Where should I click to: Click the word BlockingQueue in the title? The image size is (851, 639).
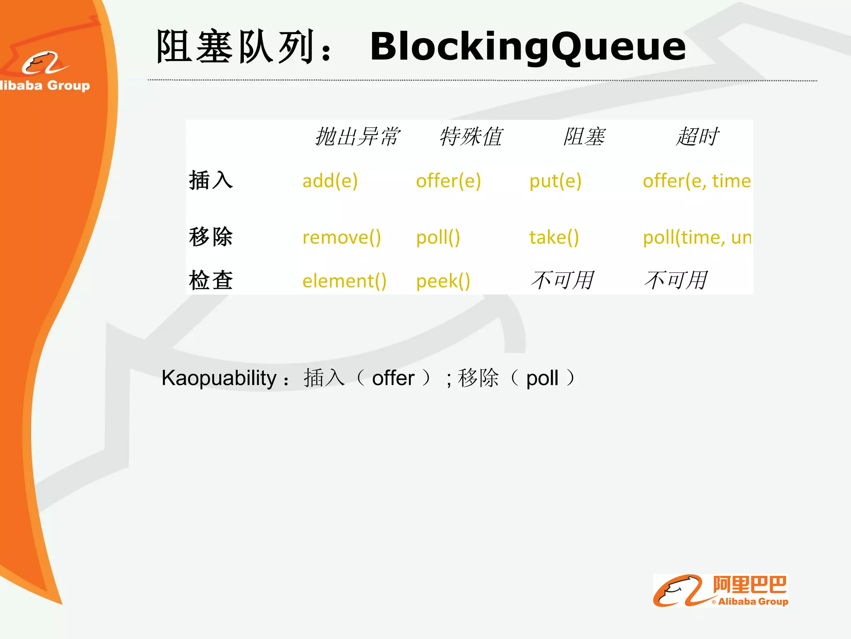528,47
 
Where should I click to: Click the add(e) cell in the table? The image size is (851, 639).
330,181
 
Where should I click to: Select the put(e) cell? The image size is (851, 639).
555,181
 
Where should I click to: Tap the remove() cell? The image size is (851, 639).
342,238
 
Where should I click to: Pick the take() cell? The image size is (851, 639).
554,238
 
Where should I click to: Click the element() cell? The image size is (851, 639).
344,281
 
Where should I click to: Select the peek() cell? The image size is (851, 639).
443,281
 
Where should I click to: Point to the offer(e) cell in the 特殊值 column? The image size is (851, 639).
448,181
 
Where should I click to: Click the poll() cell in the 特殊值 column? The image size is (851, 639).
438,238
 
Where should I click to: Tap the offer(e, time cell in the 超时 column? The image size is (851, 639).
696,181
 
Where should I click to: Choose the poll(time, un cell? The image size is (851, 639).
696,238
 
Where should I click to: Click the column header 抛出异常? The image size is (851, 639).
357,136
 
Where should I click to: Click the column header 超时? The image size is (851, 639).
697,136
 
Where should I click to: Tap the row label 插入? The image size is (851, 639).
211,181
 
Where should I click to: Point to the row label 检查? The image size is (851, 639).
211,280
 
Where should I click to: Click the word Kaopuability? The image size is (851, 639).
219,378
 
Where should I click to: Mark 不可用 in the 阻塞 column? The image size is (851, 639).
563,280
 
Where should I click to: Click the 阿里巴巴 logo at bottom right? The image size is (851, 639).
721,591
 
